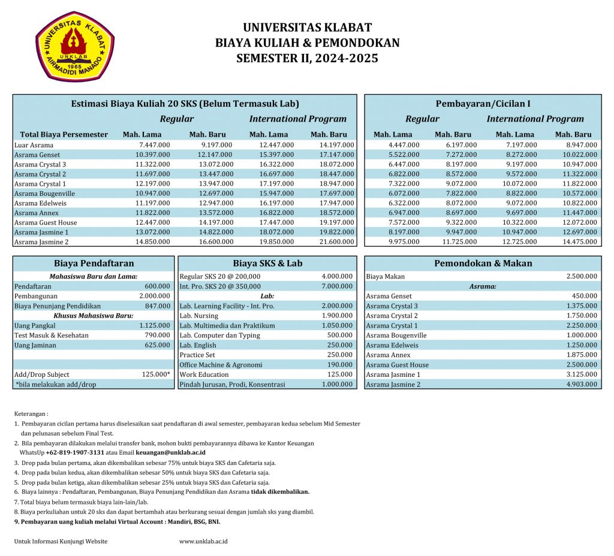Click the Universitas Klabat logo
click(x=75, y=46)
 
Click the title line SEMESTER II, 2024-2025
click(x=307, y=58)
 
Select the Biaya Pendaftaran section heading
click(x=94, y=263)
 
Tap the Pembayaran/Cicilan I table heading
click(x=483, y=104)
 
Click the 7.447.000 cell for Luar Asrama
click(x=154, y=145)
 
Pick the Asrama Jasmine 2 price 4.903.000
click(x=581, y=384)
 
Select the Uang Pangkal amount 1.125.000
click(x=154, y=325)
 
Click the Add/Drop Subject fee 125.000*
click(x=156, y=374)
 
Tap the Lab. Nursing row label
click(x=199, y=316)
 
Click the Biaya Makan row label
click(x=385, y=276)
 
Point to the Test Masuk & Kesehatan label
click(x=51, y=335)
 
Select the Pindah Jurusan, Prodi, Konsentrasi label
click(x=233, y=384)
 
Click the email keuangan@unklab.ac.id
click(x=171, y=452)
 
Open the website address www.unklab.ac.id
click(x=203, y=542)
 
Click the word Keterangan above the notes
click(x=31, y=413)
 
